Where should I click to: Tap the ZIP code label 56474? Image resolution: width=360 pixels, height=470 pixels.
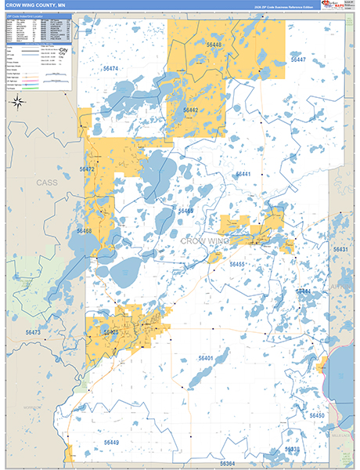(110, 69)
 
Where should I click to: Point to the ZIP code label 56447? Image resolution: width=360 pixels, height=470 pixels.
(297, 60)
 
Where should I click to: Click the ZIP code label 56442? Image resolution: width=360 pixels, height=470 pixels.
(190, 110)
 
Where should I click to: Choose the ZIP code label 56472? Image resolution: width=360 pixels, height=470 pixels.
(87, 169)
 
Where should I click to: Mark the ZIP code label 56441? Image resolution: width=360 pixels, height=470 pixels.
(243, 174)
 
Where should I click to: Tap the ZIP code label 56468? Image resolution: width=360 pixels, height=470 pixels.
(84, 231)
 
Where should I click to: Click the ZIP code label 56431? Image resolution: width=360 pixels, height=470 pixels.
(340, 249)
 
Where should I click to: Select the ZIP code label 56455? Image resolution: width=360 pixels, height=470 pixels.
(237, 265)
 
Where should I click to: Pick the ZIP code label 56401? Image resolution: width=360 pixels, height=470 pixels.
(206, 358)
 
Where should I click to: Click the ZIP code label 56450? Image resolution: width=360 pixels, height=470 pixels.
(316, 415)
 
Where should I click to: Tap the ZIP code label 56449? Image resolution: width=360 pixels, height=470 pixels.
(111, 443)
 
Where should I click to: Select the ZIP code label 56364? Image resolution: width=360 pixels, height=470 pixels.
(227, 463)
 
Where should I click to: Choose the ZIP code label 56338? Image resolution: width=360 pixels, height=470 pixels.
(292, 450)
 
